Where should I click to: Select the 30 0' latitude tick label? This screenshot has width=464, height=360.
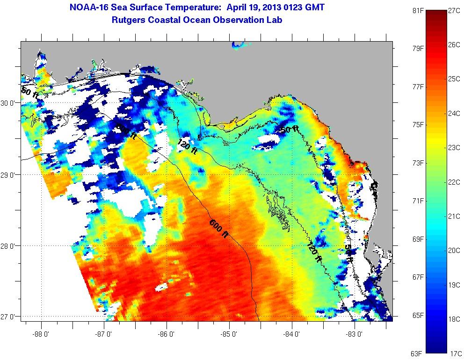[x=9, y=103]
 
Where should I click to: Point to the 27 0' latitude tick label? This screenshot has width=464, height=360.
[x=9, y=317]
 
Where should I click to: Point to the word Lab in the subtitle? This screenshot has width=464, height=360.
[x=275, y=20]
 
